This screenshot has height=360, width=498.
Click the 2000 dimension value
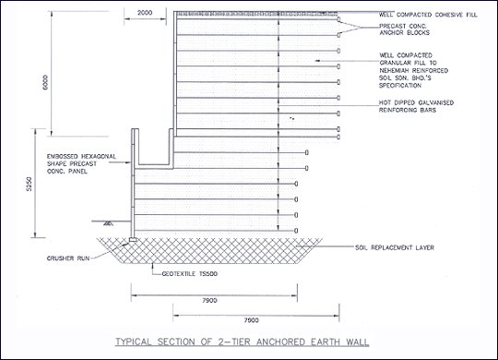(145, 13)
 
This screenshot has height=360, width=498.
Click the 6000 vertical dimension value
(45, 82)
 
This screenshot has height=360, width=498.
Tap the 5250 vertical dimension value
(29, 184)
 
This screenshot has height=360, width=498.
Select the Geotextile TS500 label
(190, 274)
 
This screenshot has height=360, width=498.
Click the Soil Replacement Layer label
(395, 247)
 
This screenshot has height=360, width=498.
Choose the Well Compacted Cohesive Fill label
(428, 15)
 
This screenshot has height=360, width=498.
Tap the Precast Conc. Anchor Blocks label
(404, 30)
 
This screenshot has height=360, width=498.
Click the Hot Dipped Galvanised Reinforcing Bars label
(416, 106)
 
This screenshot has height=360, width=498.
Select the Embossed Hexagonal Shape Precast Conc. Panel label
(81, 163)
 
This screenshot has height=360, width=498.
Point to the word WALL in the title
(357, 342)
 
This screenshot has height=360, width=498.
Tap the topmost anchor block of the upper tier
(338, 19)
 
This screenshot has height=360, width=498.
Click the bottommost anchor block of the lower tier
(296, 231)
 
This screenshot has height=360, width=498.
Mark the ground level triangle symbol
(108, 223)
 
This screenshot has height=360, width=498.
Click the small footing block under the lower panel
(133, 239)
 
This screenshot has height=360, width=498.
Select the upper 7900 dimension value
(209, 301)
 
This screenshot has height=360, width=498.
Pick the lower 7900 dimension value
(251, 320)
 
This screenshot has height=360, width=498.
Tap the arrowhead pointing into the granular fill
(317, 61)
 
